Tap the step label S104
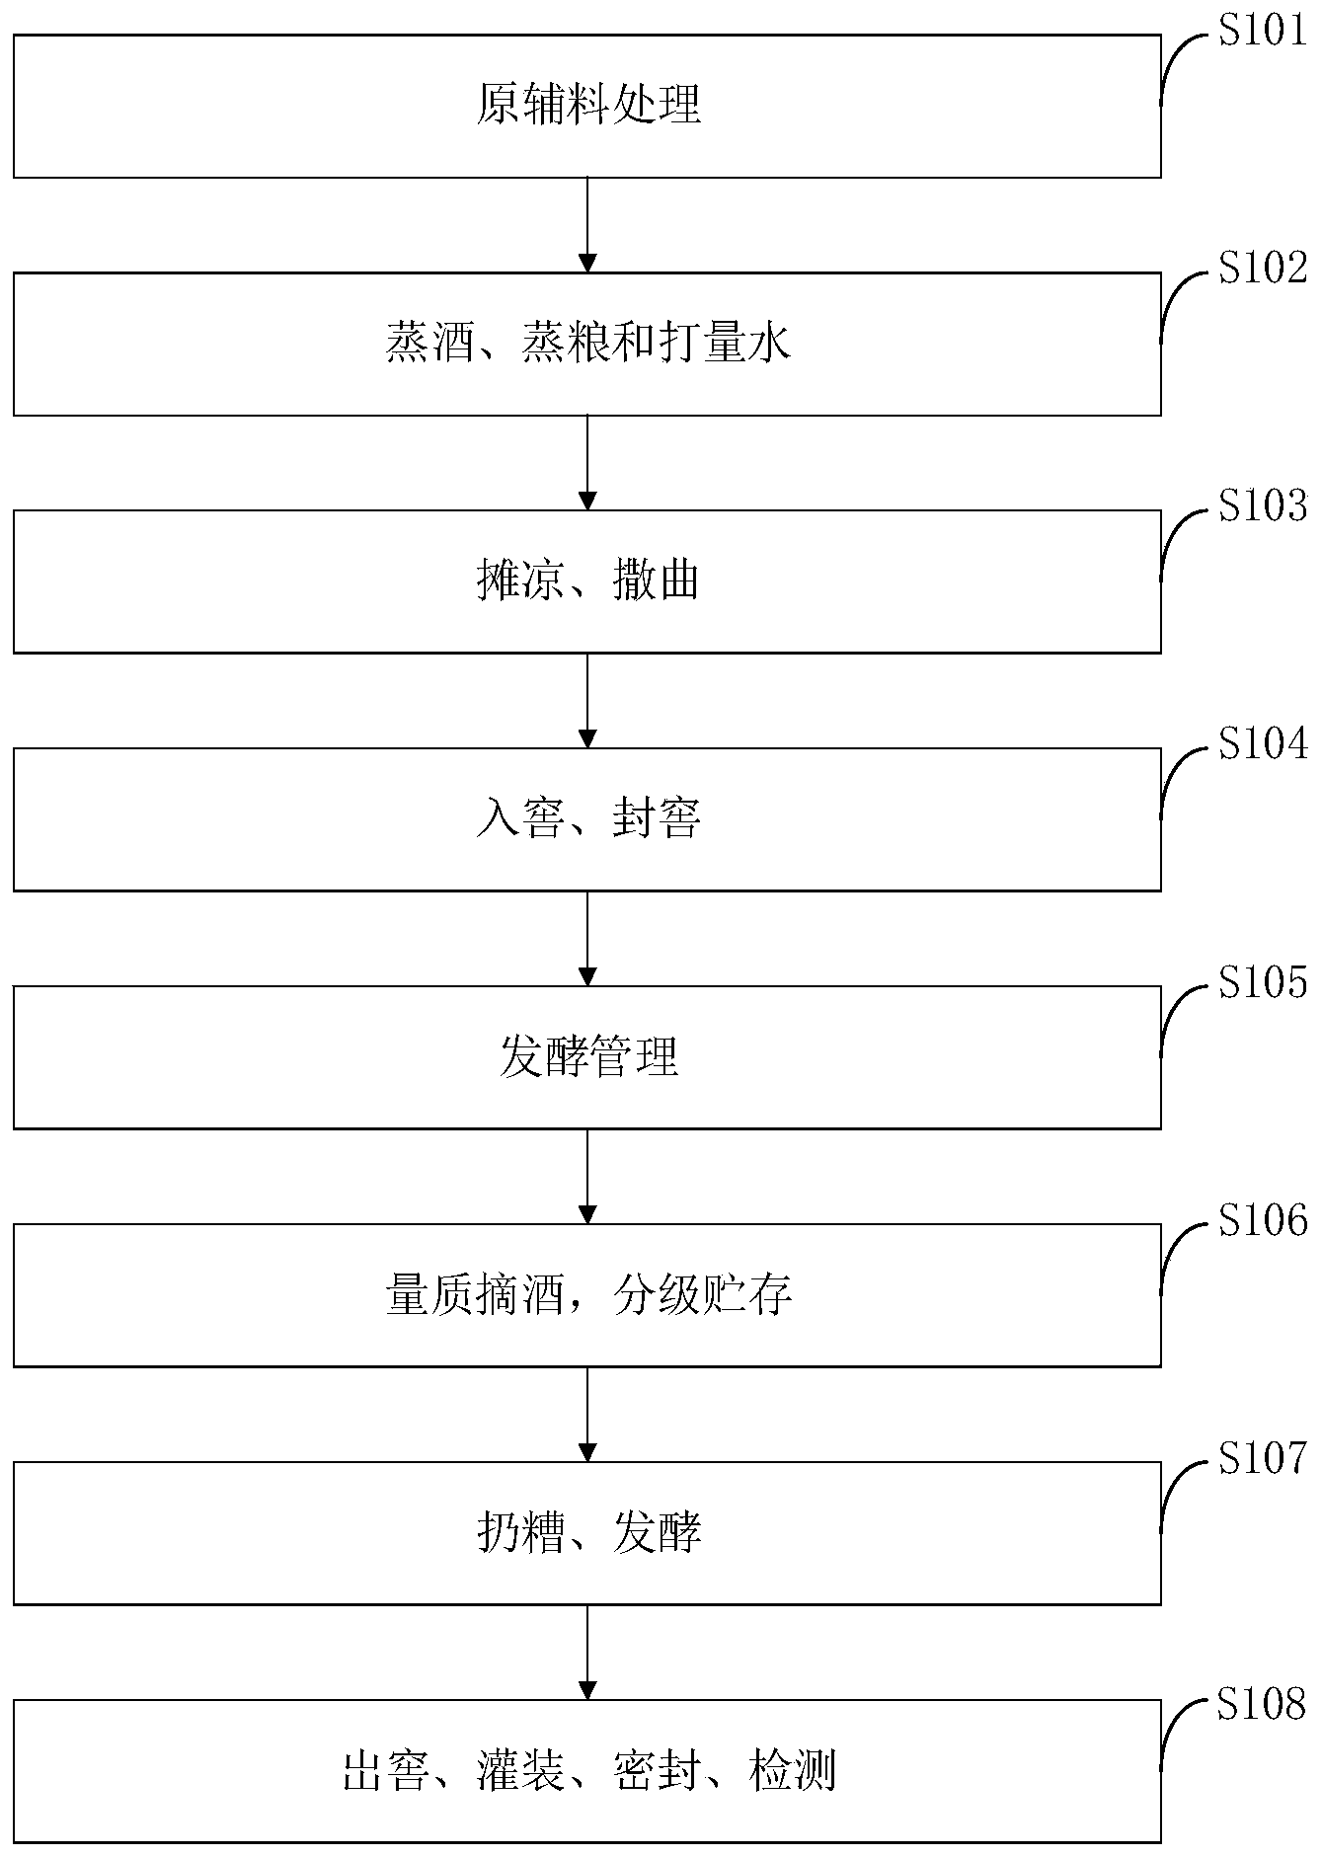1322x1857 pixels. point(1264,743)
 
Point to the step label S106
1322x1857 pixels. point(1264,1220)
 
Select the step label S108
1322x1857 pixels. point(1264,1703)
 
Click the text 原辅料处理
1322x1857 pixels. point(588,106)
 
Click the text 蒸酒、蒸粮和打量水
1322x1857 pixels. point(588,344)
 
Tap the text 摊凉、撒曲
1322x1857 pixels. point(588,581)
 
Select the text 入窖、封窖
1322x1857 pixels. point(588,819)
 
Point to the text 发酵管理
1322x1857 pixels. point(588,1057)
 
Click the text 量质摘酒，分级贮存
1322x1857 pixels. point(588,1295)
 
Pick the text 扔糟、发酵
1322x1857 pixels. point(588,1533)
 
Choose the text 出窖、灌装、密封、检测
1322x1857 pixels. point(588,1771)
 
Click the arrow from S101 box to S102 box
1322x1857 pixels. point(587,225)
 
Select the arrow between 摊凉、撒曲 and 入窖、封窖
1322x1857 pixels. point(587,701)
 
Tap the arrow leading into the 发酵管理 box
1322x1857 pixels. point(587,939)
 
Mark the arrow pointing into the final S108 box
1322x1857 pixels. point(587,1653)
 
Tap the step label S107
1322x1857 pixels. point(1264,1458)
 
